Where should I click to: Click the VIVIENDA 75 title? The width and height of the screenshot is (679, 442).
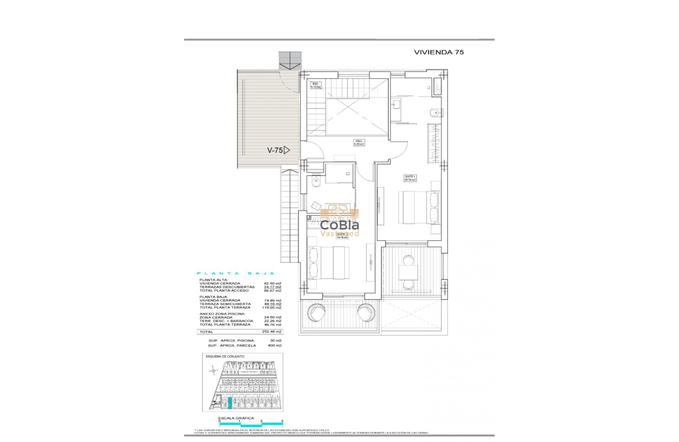438,52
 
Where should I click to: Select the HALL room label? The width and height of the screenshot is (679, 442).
359,143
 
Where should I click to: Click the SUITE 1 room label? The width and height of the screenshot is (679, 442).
410,178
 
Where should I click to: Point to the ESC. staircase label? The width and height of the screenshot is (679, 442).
316,85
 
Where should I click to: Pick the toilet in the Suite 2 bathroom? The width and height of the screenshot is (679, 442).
316,182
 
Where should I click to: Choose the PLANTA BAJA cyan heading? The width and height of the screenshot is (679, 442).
235,274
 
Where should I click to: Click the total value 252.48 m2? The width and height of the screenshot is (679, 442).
272,332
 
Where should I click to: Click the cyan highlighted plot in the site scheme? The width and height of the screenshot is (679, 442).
230,404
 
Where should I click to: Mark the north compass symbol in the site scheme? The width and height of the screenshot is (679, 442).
213,371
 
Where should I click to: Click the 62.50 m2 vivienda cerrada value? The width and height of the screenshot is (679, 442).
272,283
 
